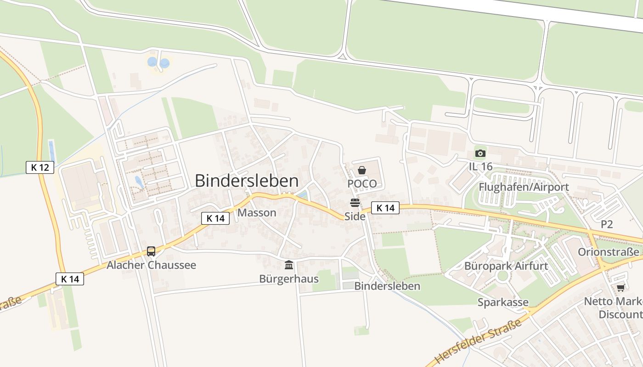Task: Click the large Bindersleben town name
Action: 247,181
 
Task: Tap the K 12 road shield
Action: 40,167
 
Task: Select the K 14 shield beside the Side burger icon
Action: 385,208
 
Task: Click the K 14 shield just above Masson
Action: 215,218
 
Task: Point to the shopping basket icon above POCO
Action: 362,170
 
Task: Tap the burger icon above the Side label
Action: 355,203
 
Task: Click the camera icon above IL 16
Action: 480,153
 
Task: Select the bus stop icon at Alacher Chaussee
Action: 151,251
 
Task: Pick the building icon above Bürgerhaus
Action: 289,265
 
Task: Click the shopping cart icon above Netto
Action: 620,288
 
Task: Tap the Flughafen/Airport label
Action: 524,187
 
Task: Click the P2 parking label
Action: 607,224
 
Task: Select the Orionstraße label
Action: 608,252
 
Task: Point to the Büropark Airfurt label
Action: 506,266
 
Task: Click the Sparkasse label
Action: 503,302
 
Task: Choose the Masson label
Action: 257,213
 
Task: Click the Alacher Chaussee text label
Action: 151,265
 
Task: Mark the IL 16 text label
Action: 480,167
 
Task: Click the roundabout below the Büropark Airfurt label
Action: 503,276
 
